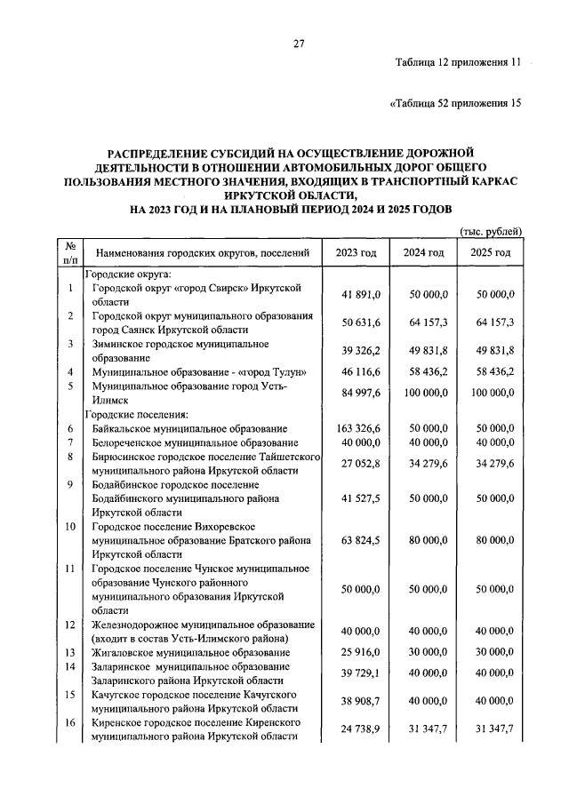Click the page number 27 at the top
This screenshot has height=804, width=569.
(x=300, y=44)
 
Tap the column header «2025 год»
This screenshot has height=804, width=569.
(x=491, y=253)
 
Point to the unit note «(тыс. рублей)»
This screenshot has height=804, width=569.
(x=490, y=231)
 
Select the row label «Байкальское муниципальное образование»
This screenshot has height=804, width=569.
(x=189, y=428)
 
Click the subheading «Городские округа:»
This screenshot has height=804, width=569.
(x=127, y=275)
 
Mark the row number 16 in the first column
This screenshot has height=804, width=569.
(x=69, y=722)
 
